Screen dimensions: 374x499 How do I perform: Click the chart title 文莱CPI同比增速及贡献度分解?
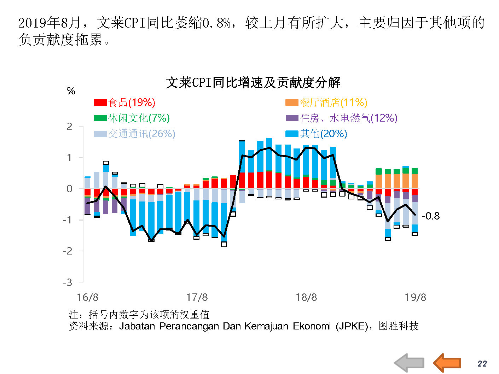coord(253,82)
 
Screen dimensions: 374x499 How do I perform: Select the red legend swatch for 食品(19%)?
coord(100,103)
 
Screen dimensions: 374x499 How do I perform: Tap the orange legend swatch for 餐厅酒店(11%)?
coord(292,103)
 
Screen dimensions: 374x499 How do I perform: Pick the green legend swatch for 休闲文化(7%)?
coord(100,118)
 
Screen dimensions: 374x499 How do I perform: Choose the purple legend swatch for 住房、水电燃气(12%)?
coord(292,118)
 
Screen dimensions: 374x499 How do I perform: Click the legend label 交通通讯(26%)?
coord(141,134)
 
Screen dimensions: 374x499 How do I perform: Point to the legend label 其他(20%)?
coord(324,134)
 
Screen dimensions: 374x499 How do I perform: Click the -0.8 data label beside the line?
coord(430,216)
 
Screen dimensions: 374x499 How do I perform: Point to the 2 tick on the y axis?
coord(70,127)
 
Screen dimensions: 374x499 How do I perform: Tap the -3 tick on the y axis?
coord(68,282)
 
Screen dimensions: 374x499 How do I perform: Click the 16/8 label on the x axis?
coord(88,297)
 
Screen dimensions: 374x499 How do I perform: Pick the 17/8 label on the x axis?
coord(197,297)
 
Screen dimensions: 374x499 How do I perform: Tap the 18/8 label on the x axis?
coord(306,297)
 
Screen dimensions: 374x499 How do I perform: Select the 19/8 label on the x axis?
coord(416,297)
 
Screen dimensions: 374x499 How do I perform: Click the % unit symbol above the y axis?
coord(71,91)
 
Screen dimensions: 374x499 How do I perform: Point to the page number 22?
coord(482,364)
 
